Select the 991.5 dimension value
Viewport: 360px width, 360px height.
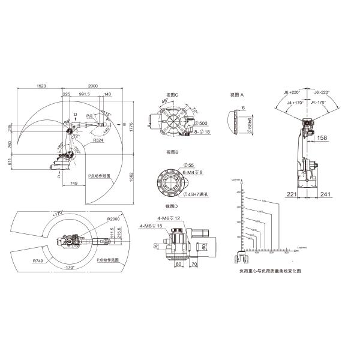(x=84, y=94)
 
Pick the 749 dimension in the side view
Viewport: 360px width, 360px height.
(x=73, y=182)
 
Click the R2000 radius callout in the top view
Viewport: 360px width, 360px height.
(x=113, y=220)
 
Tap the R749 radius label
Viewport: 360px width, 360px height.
(x=38, y=262)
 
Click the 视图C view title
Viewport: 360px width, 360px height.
(x=172, y=94)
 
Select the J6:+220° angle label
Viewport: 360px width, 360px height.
(x=292, y=92)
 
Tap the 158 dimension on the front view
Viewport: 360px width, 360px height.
(x=322, y=138)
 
